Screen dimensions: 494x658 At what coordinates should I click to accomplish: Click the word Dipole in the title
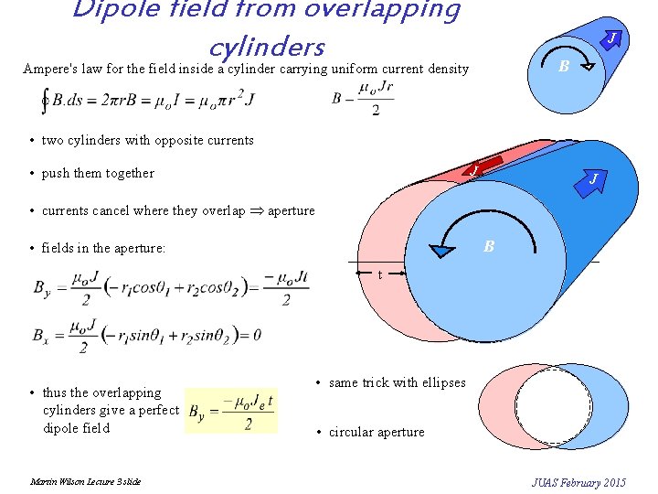(x=116, y=10)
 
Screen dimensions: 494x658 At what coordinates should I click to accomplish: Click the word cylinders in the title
(x=266, y=45)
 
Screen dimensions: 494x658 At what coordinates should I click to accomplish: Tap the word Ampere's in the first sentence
(x=51, y=69)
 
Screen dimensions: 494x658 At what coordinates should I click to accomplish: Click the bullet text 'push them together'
(x=98, y=174)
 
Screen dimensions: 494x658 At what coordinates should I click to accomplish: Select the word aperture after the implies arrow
(x=291, y=211)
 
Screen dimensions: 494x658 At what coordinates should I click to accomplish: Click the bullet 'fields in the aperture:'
(x=103, y=248)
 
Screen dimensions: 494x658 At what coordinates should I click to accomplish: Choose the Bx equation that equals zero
(x=145, y=336)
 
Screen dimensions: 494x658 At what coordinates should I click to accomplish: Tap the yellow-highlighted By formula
(x=231, y=410)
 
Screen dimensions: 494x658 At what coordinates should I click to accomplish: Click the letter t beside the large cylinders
(x=381, y=274)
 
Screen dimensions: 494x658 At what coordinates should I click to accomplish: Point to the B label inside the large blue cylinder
(x=489, y=246)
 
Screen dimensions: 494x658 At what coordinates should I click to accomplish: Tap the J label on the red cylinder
(x=473, y=170)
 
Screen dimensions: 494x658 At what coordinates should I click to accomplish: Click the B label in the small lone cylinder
(x=564, y=66)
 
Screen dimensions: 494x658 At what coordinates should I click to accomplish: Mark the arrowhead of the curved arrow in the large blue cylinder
(x=442, y=252)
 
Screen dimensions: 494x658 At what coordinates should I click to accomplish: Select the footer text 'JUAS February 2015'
(x=578, y=482)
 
